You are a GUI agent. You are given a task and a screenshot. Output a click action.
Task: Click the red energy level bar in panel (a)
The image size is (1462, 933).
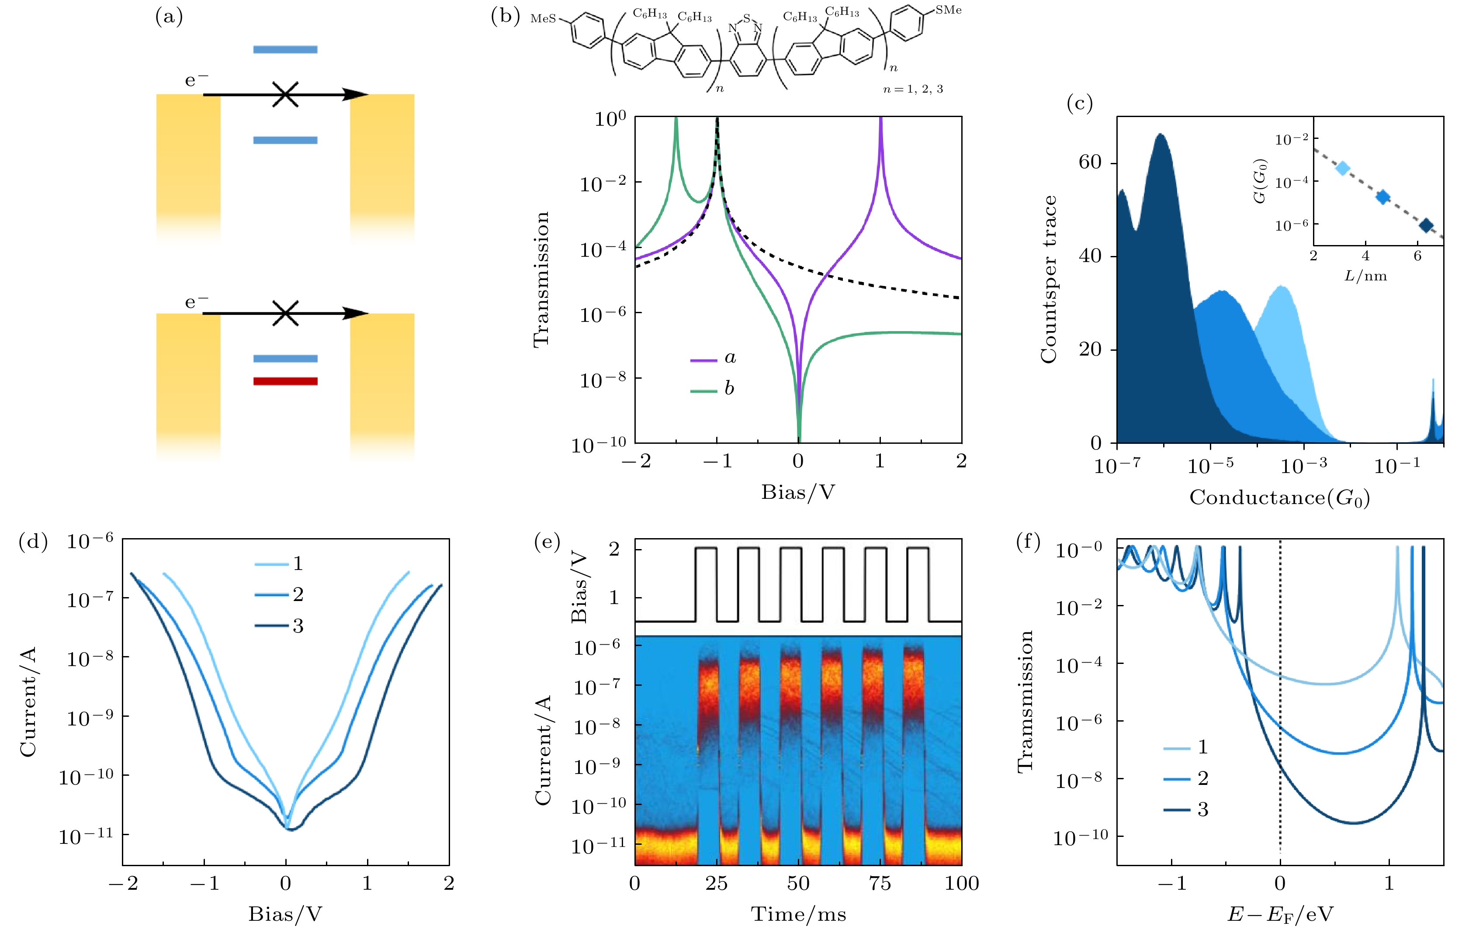pyautogui.click(x=285, y=381)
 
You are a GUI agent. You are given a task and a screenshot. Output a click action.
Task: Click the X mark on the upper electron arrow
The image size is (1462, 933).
pyautogui.click(x=285, y=95)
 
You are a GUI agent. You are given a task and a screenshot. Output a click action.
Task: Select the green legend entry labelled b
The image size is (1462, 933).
pyautogui.click(x=714, y=389)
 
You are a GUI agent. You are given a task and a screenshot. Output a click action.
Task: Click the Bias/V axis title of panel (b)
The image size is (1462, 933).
pyautogui.click(x=798, y=492)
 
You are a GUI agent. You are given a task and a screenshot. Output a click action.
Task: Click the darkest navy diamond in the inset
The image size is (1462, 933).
pyautogui.click(x=1426, y=226)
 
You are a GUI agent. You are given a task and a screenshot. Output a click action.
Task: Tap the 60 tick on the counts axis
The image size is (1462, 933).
pyautogui.click(x=1090, y=162)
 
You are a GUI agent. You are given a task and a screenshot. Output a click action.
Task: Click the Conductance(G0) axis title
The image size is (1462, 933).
pyautogui.click(x=1279, y=498)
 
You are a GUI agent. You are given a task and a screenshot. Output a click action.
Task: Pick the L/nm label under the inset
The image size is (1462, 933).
pyautogui.click(x=1365, y=276)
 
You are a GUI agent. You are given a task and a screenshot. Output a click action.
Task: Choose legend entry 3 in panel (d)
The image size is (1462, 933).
pyautogui.click(x=279, y=626)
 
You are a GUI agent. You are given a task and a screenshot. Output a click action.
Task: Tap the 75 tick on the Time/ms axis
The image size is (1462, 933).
pyautogui.click(x=880, y=883)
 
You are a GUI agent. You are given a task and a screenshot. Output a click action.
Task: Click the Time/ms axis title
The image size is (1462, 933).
pyautogui.click(x=798, y=914)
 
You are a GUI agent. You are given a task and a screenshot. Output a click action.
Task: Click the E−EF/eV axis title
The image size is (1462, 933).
pyautogui.click(x=1280, y=914)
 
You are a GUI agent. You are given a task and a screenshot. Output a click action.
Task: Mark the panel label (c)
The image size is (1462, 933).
pyautogui.click(x=1080, y=104)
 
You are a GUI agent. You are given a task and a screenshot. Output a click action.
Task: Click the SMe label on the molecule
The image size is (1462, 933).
pyautogui.click(x=948, y=10)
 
